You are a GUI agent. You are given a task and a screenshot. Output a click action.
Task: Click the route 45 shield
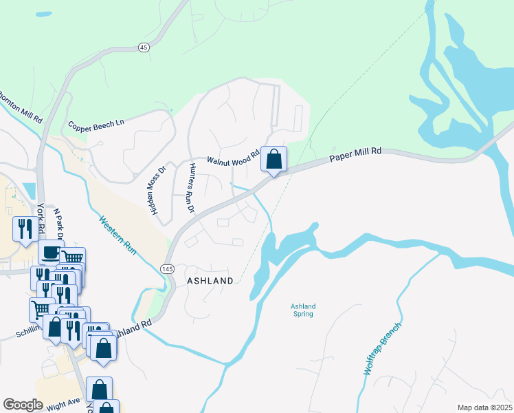143,47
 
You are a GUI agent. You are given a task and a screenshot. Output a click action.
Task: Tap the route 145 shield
168,268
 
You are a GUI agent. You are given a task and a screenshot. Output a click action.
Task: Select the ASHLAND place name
210,281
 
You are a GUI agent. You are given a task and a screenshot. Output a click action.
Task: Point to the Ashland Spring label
302,310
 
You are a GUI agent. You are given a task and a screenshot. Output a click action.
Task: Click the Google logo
23,404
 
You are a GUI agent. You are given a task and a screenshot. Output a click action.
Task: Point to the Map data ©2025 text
484,407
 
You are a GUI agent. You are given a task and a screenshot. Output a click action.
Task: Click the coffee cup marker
51,253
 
